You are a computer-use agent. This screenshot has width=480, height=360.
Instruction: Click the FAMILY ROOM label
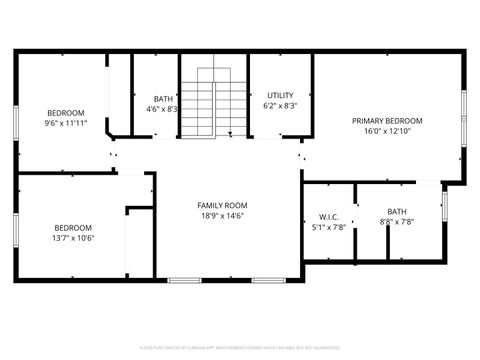tap(221, 204)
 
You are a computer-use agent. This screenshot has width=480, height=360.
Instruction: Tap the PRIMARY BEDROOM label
tap(387, 121)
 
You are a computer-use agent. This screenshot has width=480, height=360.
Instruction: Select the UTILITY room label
tap(280, 95)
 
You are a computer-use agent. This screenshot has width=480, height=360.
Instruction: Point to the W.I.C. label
tap(330, 216)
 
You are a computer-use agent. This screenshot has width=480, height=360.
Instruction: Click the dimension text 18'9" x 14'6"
tap(221, 215)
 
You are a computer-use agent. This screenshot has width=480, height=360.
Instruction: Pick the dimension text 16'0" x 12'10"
tap(387, 131)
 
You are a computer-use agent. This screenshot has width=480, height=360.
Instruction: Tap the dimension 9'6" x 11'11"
tap(66, 123)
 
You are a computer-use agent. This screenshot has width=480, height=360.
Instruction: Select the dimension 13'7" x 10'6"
tap(73, 237)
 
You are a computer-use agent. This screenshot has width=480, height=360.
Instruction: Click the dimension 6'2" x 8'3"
tap(280, 105)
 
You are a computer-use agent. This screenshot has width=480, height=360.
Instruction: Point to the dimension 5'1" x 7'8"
tap(330, 227)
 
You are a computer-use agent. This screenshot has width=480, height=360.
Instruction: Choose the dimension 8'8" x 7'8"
tap(397, 222)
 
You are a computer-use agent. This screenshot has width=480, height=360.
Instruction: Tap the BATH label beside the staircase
tap(163, 98)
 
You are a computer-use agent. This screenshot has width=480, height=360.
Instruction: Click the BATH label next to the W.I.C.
tap(397, 211)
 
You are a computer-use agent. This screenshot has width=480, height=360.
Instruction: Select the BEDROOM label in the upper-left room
tap(66, 112)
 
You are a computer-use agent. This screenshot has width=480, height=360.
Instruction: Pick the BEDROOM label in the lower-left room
tap(73, 226)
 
